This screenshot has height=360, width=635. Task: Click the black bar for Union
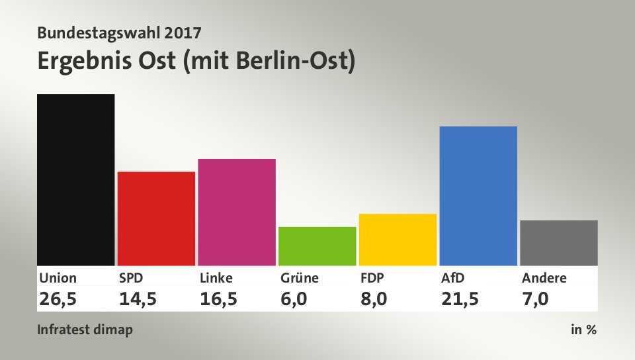[76, 179]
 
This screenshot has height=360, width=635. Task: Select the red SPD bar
[156, 218]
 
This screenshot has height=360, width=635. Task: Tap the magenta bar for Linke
[237, 212]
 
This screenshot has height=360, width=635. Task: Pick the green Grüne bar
[317, 246]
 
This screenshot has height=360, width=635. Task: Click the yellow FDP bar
[398, 239]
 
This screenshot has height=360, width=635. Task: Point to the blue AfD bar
[478, 195]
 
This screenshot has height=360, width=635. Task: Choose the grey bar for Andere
[559, 242]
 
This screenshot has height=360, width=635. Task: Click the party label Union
[58, 278]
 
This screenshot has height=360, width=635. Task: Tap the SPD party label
[131, 278]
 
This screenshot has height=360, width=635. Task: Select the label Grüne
[300, 278]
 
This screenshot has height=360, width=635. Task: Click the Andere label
[544, 278]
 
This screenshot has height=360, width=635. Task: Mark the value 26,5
[58, 298]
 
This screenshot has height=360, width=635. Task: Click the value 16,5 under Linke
[219, 298]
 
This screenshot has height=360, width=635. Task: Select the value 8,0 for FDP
[374, 298]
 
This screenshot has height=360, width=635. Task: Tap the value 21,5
[460, 298]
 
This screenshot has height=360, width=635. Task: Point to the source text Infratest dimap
[85, 330]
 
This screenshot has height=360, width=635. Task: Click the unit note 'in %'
[583, 330]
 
